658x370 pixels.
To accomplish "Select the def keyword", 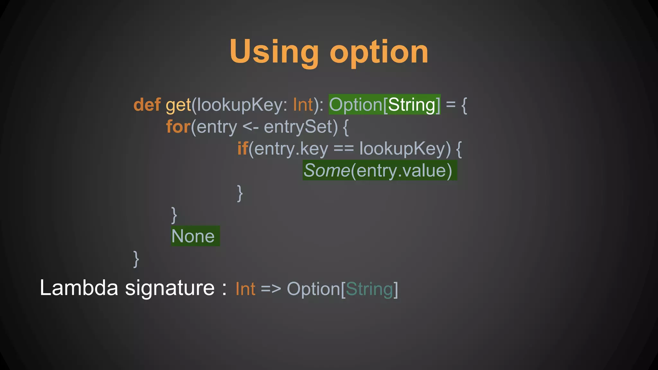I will pyautogui.click(x=147, y=105).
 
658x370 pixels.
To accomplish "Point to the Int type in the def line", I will pyautogui.click(x=303, y=105).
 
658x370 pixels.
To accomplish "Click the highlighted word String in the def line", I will pyautogui.click(x=412, y=105).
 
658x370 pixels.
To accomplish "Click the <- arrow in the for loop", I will pyautogui.click(x=250, y=127).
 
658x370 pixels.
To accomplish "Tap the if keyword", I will pyautogui.click(x=243, y=148).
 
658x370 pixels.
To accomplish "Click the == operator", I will pyautogui.click(x=343, y=148).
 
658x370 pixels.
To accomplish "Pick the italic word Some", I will pyautogui.click(x=326, y=170).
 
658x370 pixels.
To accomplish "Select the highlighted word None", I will pyautogui.click(x=193, y=236).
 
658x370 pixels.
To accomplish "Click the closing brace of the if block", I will pyautogui.click(x=240, y=193).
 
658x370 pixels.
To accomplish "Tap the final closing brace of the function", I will pyautogui.click(x=136, y=259).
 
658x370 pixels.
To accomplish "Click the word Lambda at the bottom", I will pyautogui.click(x=79, y=288).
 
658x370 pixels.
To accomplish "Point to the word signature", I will pyautogui.click(x=170, y=288).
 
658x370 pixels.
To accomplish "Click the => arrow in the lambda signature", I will pyautogui.click(x=271, y=289).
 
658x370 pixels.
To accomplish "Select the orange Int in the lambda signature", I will pyautogui.click(x=245, y=289).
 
